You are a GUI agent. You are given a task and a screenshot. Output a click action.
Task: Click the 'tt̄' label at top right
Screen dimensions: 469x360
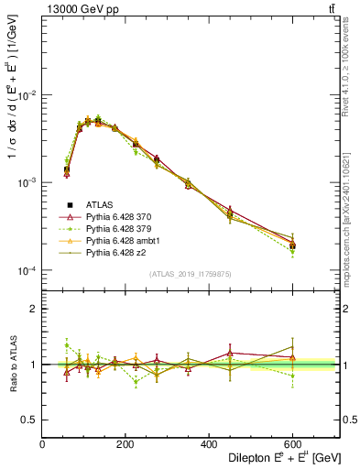[332, 9]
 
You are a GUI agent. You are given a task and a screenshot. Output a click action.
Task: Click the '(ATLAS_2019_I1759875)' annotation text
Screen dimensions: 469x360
[190, 274]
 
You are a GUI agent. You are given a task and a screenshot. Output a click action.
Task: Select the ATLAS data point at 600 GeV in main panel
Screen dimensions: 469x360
[292, 245]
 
